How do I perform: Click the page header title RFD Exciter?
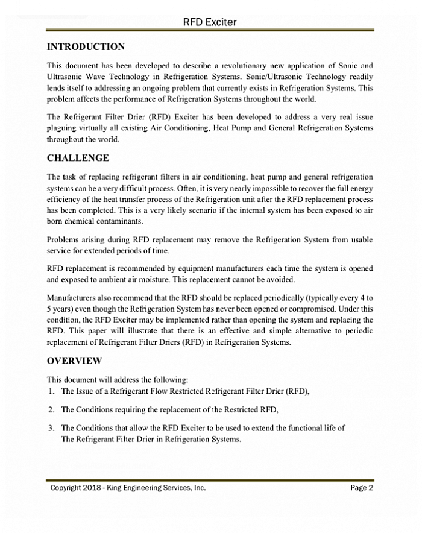[x=210, y=22]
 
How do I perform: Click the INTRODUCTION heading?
[x=86, y=47]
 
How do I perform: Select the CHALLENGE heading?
[x=78, y=158]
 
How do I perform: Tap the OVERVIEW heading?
[x=74, y=361]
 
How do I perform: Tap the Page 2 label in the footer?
[x=362, y=488]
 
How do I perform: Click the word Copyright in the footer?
[x=66, y=488]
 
